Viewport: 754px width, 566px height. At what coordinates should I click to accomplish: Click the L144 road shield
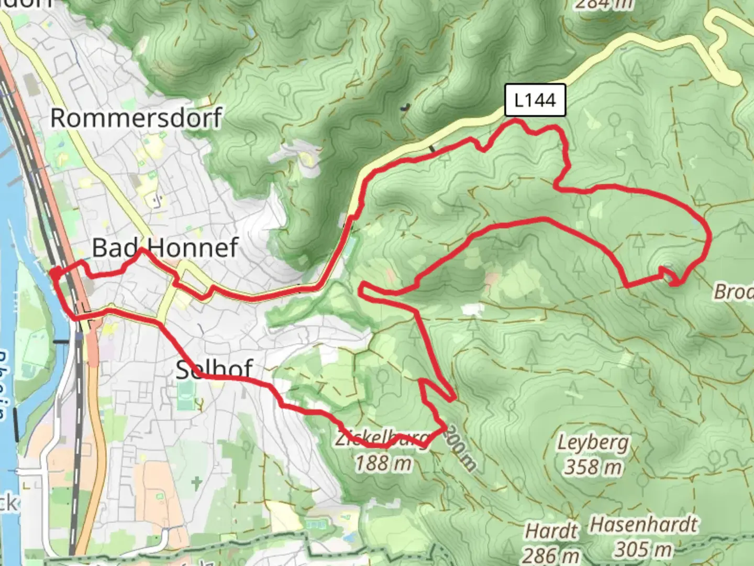click(535, 100)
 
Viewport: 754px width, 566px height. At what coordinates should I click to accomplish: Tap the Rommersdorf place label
click(136, 117)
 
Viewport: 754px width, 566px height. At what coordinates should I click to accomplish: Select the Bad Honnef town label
click(165, 247)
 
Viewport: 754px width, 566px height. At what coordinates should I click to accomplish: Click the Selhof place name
click(214, 369)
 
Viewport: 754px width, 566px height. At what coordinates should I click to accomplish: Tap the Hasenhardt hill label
click(644, 525)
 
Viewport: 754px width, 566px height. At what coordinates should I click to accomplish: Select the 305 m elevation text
click(643, 549)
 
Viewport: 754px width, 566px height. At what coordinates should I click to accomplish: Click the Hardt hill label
click(551, 531)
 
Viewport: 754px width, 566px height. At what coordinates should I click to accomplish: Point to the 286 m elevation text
click(551, 554)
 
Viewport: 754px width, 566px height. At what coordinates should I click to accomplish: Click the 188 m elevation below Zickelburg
click(383, 463)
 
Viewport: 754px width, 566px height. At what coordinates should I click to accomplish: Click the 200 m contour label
click(462, 451)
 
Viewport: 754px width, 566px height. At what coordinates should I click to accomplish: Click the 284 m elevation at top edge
click(603, 4)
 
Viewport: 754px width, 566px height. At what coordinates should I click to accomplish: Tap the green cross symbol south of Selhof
click(196, 482)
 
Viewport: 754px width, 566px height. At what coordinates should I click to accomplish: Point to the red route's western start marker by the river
click(54, 273)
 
